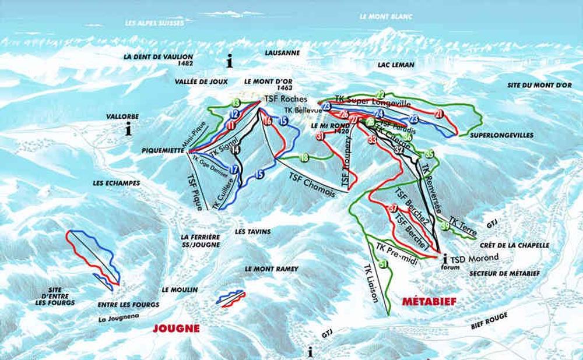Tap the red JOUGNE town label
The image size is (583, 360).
click(176, 329)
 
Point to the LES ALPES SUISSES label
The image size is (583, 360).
click(154, 23)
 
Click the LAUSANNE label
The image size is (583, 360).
click(282, 52)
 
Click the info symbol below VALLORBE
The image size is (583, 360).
click(128, 130)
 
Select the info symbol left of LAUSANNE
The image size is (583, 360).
click(230, 60)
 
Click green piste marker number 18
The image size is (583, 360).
click(304, 157)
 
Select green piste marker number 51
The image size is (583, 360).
click(383, 265)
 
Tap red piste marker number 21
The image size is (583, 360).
click(440, 114)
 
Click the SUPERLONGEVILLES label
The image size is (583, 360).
click(501, 135)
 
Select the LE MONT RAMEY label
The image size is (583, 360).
click(271, 269)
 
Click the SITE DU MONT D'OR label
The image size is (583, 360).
click(539, 85)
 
